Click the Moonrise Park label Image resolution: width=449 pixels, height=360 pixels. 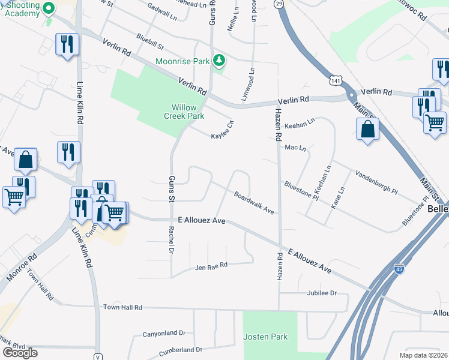[183, 61]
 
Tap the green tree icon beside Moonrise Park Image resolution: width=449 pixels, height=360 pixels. [220, 60]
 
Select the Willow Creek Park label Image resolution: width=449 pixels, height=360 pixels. [184, 112]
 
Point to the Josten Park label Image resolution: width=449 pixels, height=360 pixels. [266, 337]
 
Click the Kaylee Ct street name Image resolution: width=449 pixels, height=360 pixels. [222, 130]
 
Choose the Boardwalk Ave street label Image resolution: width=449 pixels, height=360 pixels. [254, 203]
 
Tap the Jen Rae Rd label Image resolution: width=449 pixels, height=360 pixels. [211, 265]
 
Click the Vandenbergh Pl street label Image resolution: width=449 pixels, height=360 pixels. [376, 182]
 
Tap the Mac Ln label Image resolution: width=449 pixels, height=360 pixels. [295, 147]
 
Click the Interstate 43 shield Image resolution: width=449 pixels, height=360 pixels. [399, 269]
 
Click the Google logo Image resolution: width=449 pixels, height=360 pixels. [20, 352]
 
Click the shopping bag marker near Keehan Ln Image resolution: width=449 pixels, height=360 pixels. [367, 130]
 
